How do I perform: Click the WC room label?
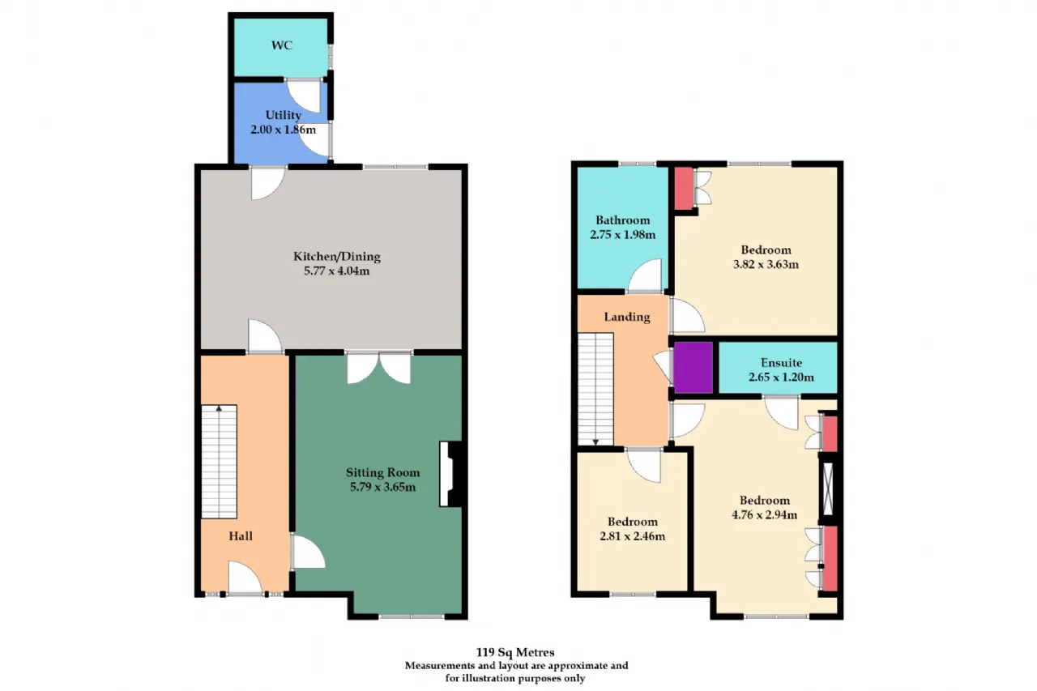281,45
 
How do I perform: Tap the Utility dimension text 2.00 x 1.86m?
284,130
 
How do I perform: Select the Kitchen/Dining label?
336,257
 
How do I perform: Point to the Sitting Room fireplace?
450,474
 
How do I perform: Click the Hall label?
241,536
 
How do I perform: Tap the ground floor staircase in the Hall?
219,462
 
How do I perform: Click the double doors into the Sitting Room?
379,368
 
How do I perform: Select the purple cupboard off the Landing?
693,368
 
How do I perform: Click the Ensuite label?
781,362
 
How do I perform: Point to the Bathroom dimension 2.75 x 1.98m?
623,235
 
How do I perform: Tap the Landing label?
627,317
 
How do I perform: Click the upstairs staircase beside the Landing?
595,389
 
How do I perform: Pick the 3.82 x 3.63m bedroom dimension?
766,264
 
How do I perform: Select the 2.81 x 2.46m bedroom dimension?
633,536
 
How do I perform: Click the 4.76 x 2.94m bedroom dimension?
764,514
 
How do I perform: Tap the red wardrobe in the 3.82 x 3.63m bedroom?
684,188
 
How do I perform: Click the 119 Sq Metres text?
515,652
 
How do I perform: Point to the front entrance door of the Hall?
245,578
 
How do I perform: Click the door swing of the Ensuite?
781,413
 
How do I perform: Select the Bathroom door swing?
645,276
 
